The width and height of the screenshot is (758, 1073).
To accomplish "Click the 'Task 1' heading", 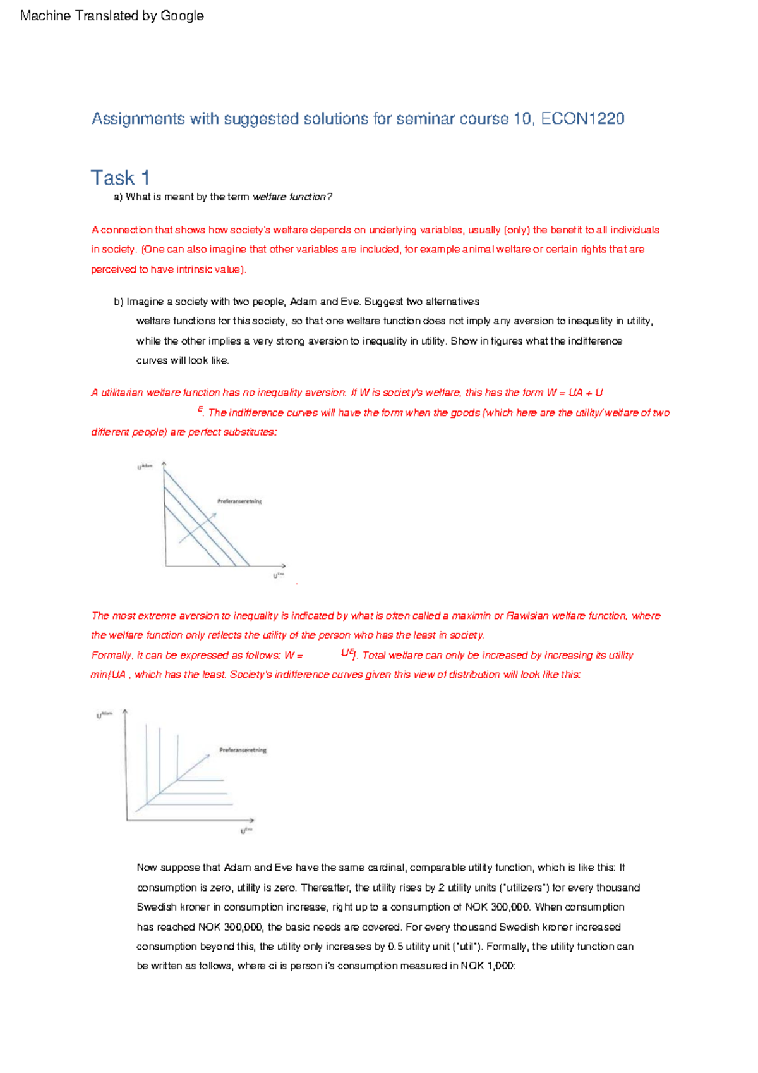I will point(120,178).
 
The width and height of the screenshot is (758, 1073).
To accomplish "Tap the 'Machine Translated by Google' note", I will point(112,16).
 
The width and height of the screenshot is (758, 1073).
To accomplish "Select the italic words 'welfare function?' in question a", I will point(292,197).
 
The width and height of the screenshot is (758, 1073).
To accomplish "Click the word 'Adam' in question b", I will point(303,302).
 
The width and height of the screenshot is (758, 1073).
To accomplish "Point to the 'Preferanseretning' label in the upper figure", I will point(239,501).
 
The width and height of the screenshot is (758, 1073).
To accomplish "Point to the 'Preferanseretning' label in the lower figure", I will point(243,750).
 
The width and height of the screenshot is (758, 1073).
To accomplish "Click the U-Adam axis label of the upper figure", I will point(145,467).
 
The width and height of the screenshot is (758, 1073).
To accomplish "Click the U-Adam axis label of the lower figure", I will point(104,715).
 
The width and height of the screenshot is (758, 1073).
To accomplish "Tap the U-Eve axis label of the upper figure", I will point(278,575).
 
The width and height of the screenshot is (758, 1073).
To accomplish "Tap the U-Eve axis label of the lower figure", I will point(246,830).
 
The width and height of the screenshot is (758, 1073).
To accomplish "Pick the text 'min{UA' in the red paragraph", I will point(108,675).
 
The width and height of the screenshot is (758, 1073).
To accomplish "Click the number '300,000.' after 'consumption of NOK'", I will point(509,907).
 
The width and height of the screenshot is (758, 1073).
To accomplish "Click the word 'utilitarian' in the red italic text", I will point(122,393).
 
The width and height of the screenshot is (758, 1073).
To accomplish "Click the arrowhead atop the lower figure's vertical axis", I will point(125,712).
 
